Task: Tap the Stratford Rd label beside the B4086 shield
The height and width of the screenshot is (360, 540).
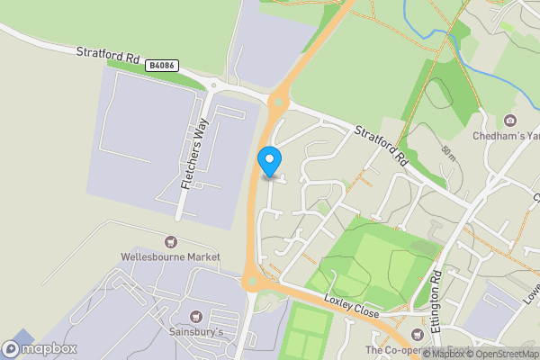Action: pyautogui.click(x=108, y=56)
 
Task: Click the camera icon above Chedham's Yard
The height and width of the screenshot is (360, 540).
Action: pyautogui.click(x=510, y=121)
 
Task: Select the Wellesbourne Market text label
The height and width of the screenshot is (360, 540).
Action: pyautogui.click(x=171, y=256)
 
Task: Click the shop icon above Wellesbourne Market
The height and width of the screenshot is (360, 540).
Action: pyautogui.click(x=171, y=241)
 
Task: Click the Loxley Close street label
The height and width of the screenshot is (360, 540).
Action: pyautogui.click(x=353, y=306)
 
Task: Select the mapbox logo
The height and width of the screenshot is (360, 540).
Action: pyautogui.click(x=40, y=348)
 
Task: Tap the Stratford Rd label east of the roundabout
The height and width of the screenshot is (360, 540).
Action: pyautogui.click(x=382, y=143)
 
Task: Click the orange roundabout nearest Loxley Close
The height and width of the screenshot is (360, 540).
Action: pyautogui.click(x=252, y=282)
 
